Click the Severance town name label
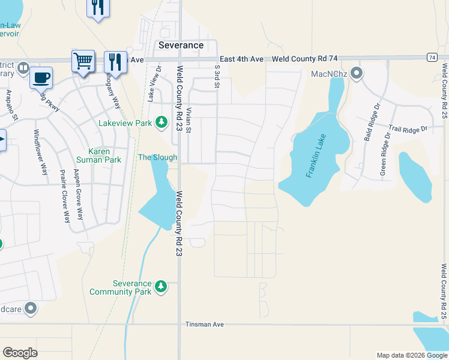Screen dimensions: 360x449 [181, 45]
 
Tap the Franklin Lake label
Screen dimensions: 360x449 [319, 163]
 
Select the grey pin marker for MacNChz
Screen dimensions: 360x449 [357, 74]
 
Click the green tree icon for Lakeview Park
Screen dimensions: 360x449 [161, 122]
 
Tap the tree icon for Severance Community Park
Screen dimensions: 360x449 [160, 287]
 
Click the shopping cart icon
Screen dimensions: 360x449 [83, 61]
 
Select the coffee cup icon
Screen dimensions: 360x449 [41, 77]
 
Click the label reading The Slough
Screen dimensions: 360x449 [158, 157]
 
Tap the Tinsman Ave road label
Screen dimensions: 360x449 [204, 324]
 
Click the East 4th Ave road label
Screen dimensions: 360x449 [241, 59]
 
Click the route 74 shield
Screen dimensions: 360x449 [432, 57]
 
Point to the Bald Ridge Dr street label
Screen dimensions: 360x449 [372, 122]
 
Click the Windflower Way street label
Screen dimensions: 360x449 [40, 152]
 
